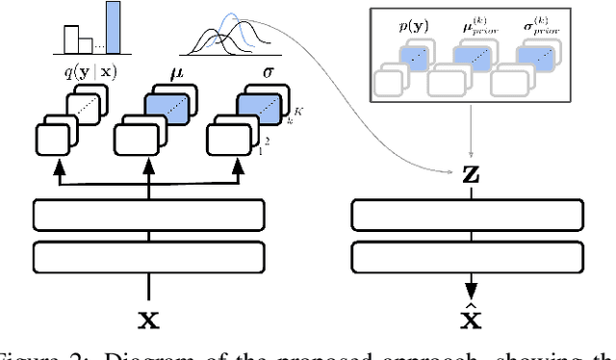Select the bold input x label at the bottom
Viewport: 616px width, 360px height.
147,316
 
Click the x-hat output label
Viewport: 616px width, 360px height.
471,315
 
